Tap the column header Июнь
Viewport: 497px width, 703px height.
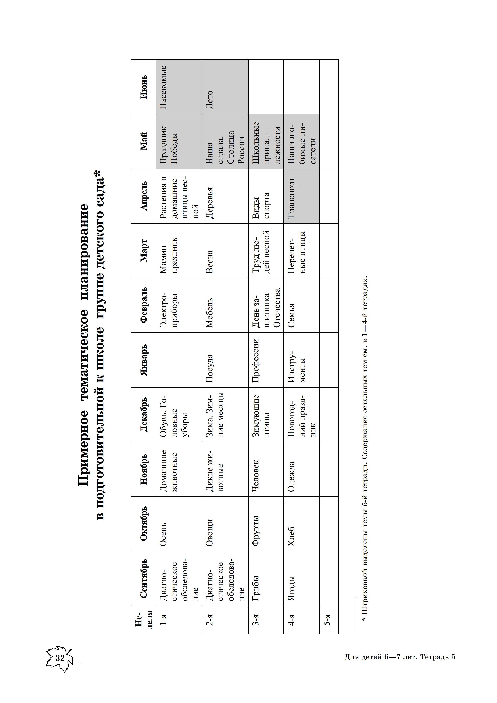point(144,87)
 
